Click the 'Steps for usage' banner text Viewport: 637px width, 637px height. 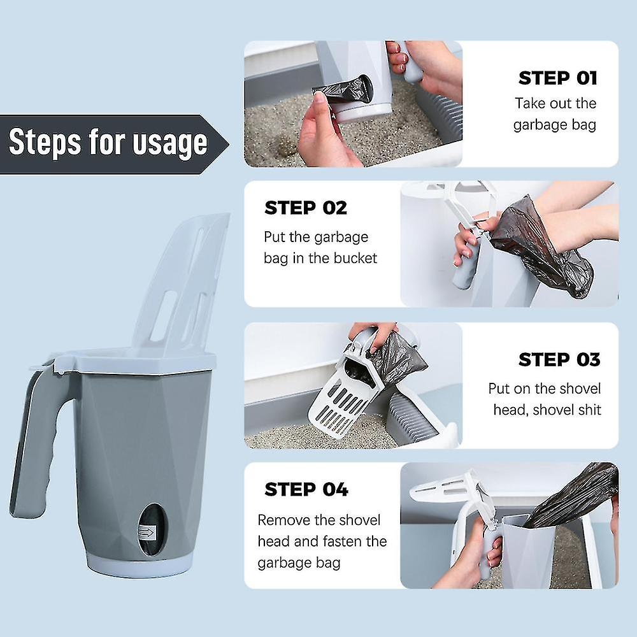(x=108, y=142)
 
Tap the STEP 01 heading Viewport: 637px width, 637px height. (x=557, y=78)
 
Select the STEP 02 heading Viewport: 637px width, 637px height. (x=306, y=208)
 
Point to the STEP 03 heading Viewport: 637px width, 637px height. (x=559, y=359)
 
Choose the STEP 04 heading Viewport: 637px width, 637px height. (x=306, y=489)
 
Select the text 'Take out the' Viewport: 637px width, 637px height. (x=555, y=103)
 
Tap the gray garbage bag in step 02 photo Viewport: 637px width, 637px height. (x=541, y=248)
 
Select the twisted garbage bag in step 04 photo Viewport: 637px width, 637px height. (x=573, y=494)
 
